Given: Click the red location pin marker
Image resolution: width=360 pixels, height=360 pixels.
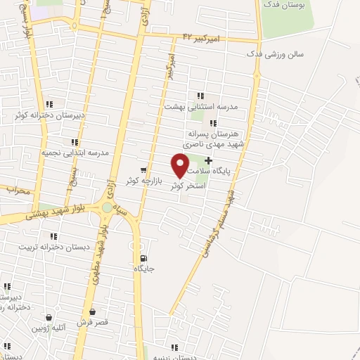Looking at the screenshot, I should [181, 165].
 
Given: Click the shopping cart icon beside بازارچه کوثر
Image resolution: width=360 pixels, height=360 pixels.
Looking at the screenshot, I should [144, 169].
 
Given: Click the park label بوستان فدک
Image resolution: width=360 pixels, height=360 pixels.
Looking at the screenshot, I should [283, 5].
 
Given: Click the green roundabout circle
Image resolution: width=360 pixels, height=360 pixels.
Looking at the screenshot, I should [107, 207].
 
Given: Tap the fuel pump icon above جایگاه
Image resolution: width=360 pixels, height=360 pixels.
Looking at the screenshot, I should [143, 258].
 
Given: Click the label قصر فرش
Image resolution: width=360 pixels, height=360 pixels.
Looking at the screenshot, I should [93, 322].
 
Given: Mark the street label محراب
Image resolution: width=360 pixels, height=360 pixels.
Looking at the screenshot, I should [16, 190].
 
